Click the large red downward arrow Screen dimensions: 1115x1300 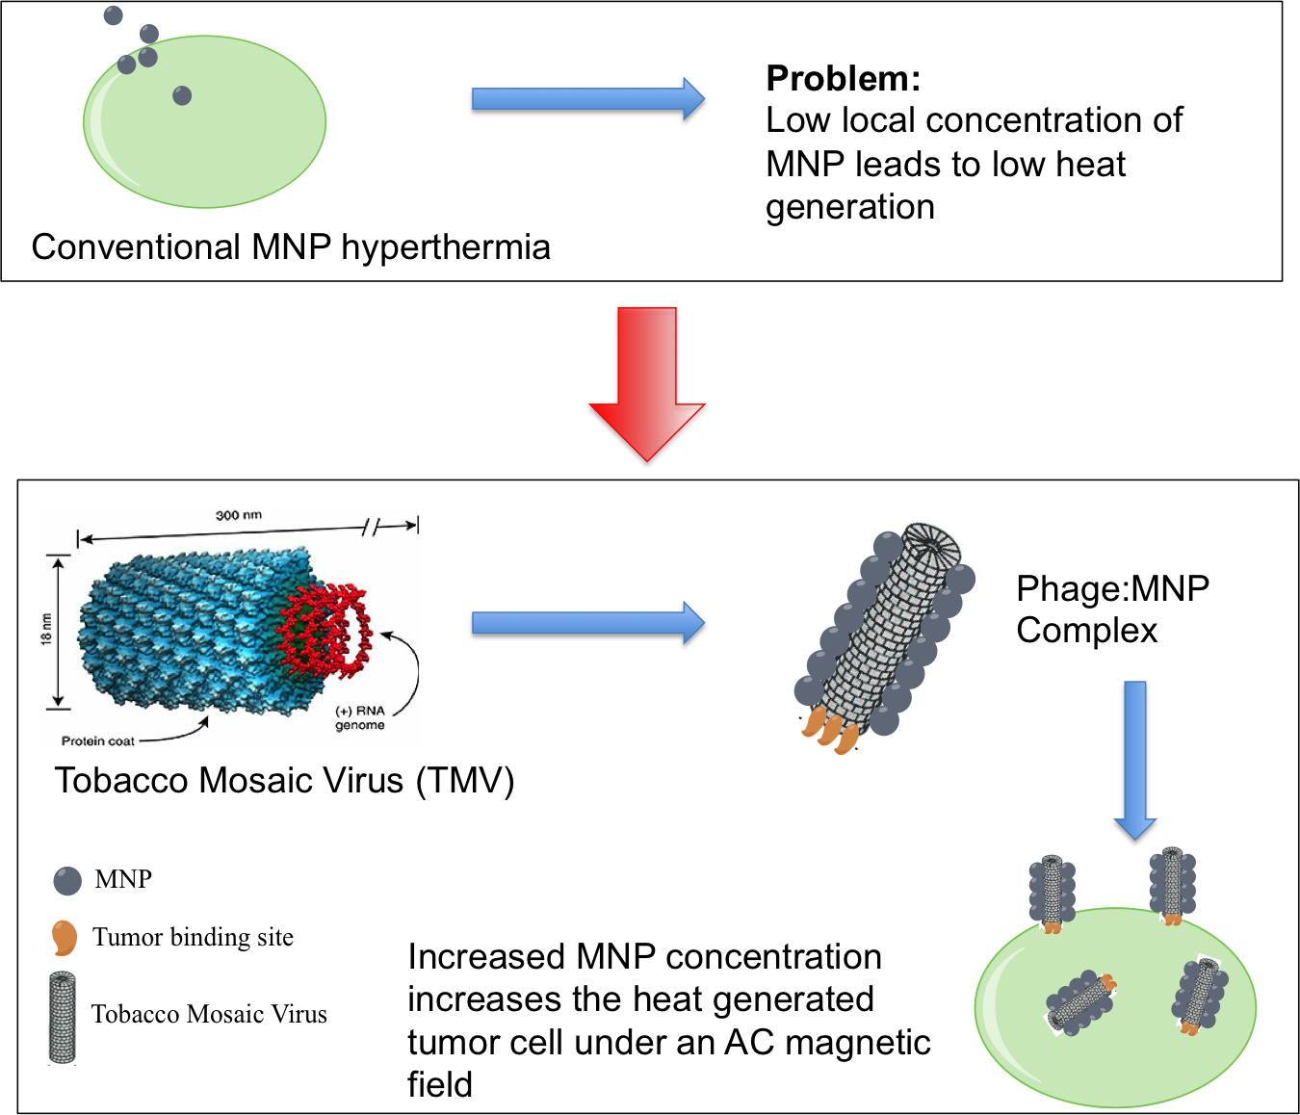647,385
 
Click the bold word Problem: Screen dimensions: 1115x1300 843,78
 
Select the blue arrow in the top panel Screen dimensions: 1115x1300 587,101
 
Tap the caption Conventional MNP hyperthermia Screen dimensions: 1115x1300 291,247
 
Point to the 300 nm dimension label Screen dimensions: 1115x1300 239,515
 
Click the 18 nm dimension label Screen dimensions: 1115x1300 47,629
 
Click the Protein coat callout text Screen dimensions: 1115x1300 97,740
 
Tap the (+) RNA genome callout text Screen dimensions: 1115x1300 360,717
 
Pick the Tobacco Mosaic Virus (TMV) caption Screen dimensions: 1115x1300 284,780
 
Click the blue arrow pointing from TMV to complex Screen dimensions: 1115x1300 587,626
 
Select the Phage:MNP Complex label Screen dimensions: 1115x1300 1112,609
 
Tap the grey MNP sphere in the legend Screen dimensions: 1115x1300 67,880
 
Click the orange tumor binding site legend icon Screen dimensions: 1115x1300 64,937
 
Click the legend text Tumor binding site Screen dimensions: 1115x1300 193,937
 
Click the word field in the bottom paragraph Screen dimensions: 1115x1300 440,1084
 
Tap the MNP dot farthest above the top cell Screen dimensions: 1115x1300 114,15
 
